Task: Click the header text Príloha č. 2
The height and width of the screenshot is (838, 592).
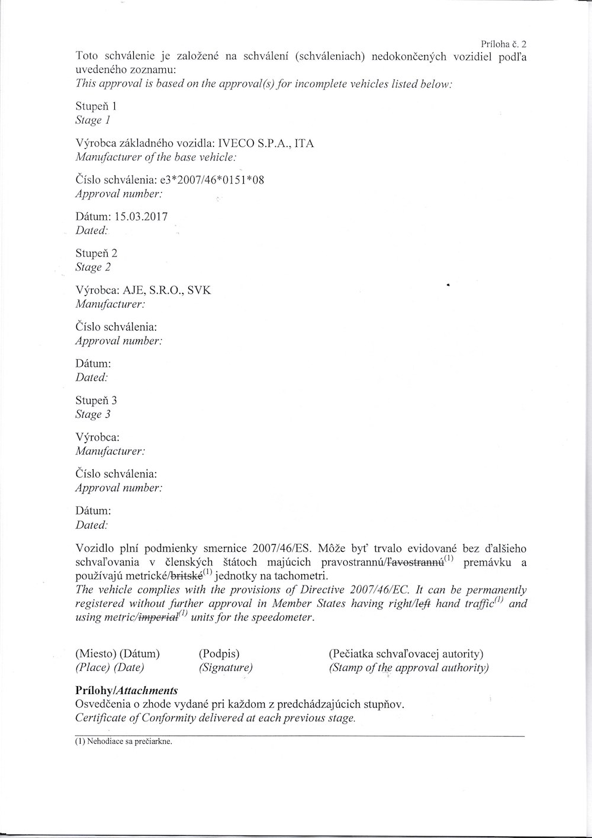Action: click(x=504, y=44)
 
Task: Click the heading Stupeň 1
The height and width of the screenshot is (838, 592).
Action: click(x=96, y=107)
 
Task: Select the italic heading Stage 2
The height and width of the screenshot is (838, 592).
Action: click(x=93, y=267)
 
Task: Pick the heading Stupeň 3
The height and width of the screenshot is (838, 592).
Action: click(x=96, y=401)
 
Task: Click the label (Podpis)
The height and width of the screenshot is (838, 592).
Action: click(x=219, y=654)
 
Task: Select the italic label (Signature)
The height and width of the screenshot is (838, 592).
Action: click(x=226, y=667)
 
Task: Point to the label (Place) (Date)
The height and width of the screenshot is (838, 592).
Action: click(x=110, y=667)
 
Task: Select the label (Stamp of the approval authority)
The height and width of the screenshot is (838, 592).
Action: click(x=408, y=667)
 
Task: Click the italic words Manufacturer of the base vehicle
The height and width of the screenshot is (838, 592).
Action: click(x=156, y=158)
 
